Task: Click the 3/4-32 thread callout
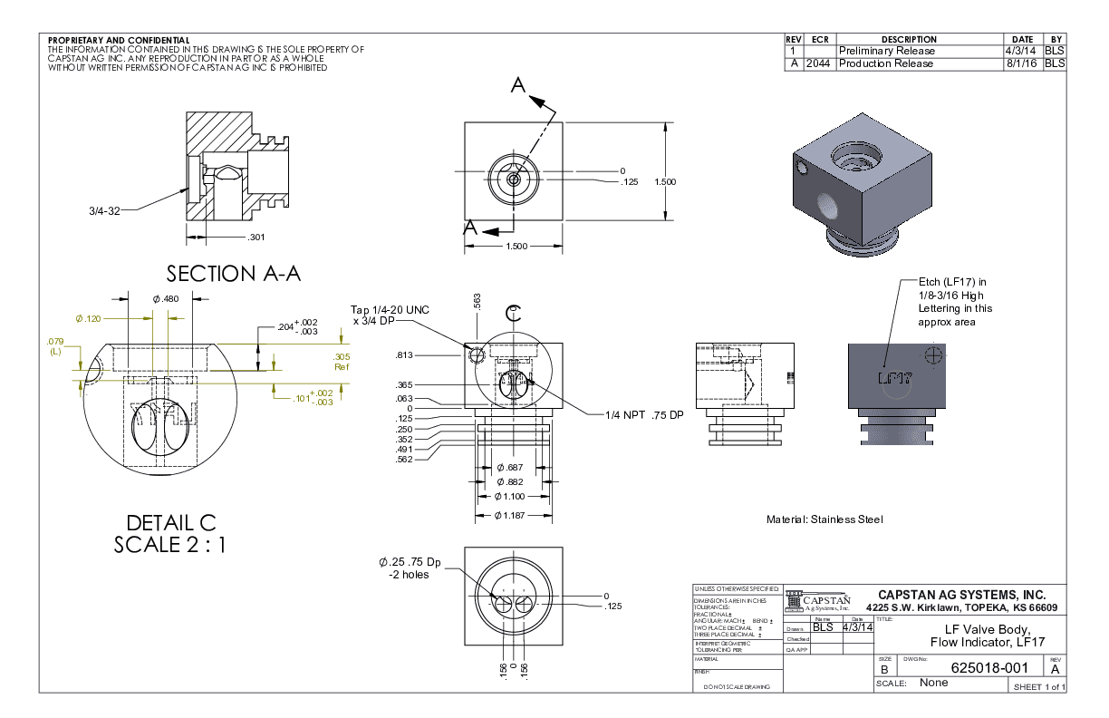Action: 104,210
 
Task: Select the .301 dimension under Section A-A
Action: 257,238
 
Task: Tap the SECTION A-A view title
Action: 233,273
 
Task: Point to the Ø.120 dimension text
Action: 88,318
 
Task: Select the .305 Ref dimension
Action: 342,361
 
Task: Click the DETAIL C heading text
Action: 171,523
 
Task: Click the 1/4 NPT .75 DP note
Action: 643,415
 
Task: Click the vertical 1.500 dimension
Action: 665,181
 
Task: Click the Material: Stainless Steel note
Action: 824,519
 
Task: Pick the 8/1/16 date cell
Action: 1022,63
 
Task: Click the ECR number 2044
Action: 817,63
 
